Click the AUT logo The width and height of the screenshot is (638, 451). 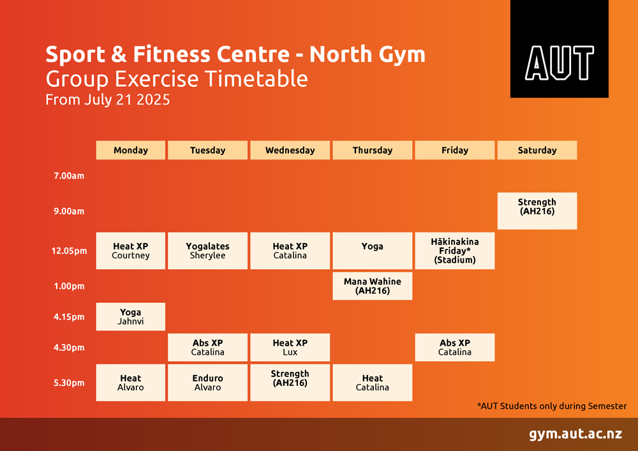(559, 49)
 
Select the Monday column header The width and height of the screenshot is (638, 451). (131, 150)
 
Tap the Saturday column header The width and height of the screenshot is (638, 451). (537, 150)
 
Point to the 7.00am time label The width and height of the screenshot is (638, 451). (69, 176)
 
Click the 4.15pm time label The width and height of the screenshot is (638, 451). (69, 317)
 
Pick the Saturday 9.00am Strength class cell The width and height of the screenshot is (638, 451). (537, 211)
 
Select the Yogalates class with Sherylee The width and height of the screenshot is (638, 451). (207, 251)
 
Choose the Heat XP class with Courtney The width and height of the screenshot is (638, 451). (131, 251)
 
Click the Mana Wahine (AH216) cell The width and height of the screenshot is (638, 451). (373, 286)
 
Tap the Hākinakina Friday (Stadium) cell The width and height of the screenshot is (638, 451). (455, 251)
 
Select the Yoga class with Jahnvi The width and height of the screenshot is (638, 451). (131, 316)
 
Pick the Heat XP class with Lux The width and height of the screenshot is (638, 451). (290, 347)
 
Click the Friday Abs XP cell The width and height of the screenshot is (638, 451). (455, 347)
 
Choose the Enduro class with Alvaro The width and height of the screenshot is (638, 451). (207, 382)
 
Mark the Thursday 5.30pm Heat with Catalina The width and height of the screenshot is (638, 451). (373, 382)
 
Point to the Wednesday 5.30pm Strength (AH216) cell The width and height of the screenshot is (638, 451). (290, 382)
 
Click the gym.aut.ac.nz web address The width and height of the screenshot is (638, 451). (575, 434)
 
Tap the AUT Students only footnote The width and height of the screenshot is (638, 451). (552, 406)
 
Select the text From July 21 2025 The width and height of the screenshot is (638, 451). (107, 100)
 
